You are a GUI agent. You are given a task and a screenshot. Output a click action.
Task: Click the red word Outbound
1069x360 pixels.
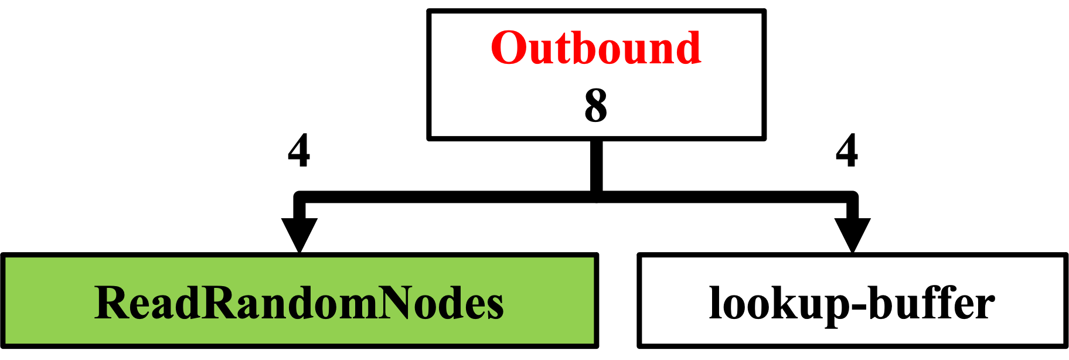tap(596, 47)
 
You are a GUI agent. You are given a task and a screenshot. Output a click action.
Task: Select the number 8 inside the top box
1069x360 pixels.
tap(596, 106)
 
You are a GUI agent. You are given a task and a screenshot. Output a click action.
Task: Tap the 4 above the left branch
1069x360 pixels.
tap(299, 151)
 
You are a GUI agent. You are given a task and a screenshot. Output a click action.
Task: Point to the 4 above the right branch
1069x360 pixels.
tap(847, 151)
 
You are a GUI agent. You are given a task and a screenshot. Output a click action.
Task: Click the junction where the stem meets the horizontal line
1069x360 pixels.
tap(596, 197)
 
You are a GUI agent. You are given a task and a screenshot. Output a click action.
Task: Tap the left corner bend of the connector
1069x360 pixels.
tap(299, 197)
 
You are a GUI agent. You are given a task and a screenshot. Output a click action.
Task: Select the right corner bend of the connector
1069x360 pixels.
tap(852, 197)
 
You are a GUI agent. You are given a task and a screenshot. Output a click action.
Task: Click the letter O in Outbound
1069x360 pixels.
tap(508, 48)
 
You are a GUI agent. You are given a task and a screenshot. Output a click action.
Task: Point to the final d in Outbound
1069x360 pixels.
tap(687, 47)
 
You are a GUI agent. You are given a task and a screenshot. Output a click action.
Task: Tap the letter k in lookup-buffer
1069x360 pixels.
tap(775, 303)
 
